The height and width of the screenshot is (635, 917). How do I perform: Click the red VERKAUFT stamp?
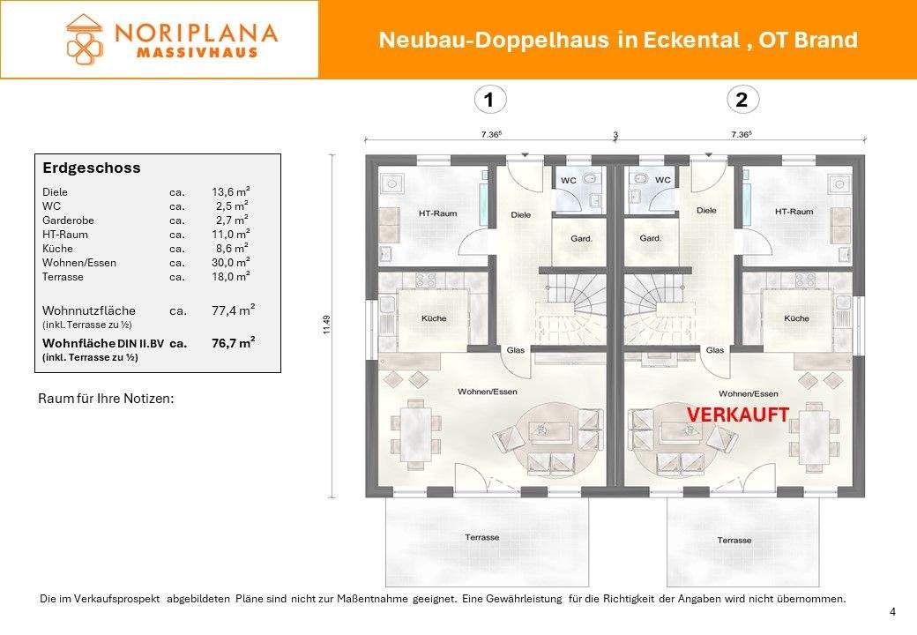[x=737, y=415]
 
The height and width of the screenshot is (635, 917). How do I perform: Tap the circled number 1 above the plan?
[x=488, y=101]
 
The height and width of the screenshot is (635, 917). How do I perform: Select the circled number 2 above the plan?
[x=741, y=101]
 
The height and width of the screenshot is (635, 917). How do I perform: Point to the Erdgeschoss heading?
[x=92, y=168]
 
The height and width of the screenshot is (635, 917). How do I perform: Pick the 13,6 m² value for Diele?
[x=230, y=191]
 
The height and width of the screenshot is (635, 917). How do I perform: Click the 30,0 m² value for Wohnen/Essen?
[x=230, y=262]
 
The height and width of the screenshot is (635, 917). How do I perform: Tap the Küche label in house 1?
[x=433, y=318]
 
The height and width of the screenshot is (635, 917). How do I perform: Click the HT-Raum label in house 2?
[x=794, y=212]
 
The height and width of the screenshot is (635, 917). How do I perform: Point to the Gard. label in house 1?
[x=581, y=238]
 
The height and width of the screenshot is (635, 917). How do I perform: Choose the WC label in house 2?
[x=662, y=180]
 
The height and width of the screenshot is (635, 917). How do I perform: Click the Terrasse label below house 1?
[x=482, y=537]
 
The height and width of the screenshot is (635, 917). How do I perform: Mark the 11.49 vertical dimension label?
[x=326, y=325]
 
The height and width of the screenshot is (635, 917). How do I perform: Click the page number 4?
[x=892, y=612]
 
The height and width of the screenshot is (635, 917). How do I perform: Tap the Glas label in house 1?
[x=516, y=350]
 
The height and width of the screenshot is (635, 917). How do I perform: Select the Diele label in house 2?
[x=706, y=211]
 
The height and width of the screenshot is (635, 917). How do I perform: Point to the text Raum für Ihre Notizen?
[x=106, y=399]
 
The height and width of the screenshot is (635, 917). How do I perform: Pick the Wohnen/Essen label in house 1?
[x=481, y=392]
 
